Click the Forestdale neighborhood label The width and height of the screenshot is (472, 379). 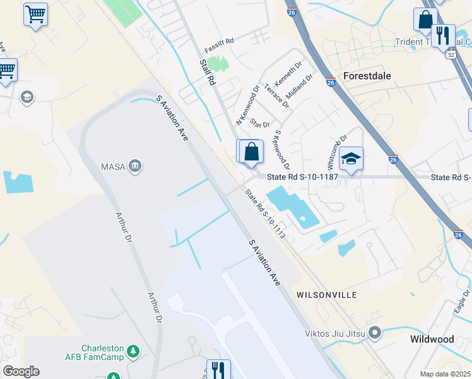(x=367, y=75)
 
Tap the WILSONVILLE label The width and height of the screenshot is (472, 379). (x=326, y=295)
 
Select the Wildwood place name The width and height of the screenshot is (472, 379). (x=432, y=339)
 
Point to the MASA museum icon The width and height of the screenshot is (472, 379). (x=135, y=166)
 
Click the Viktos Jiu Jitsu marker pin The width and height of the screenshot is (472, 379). (x=375, y=331)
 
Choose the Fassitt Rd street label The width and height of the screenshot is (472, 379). (x=219, y=45)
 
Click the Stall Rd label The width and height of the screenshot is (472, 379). (x=207, y=72)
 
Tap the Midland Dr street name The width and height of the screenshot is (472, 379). (x=300, y=87)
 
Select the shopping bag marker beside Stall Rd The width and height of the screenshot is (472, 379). (x=251, y=152)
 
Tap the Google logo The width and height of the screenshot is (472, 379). (x=21, y=371)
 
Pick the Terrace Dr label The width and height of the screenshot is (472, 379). (x=277, y=95)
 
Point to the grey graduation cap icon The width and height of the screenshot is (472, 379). (x=27, y=97)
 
